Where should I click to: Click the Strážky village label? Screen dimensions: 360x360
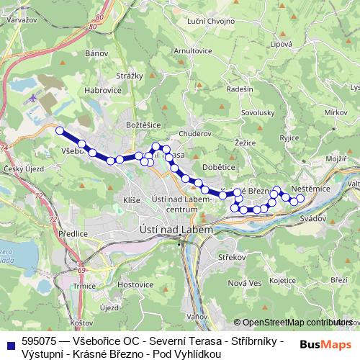pos(130,75)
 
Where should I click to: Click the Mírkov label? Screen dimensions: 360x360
pos(336,113)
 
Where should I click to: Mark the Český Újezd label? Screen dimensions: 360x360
pos(20,168)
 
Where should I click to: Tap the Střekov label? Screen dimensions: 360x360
pos(232,257)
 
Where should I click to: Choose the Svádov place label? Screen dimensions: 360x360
pos(314,215)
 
